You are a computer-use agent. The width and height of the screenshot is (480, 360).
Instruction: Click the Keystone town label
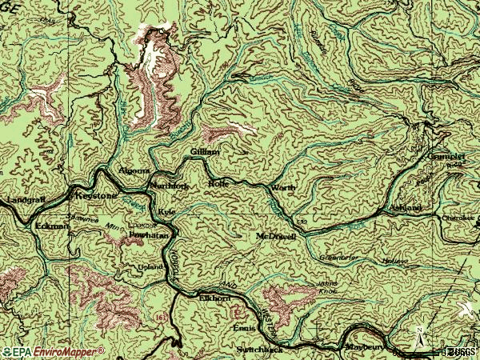pyautogui.click(x=95, y=194)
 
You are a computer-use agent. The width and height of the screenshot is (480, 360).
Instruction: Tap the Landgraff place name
pyautogui.click(x=22, y=198)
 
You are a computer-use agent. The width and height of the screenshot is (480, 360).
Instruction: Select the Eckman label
pyautogui.click(x=52, y=226)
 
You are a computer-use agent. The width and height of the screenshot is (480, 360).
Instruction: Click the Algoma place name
pyautogui.click(x=134, y=171)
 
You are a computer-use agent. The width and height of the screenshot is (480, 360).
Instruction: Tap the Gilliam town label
pyautogui.click(x=205, y=151)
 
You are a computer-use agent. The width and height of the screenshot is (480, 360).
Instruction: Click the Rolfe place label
pyautogui.click(x=218, y=183)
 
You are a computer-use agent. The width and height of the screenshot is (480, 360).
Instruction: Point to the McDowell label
pyautogui.click(x=277, y=237)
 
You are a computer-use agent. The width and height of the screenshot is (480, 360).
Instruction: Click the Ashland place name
pyautogui.click(x=406, y=207)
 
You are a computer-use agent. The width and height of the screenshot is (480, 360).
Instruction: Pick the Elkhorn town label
pyautogui.click(x=214, y=298)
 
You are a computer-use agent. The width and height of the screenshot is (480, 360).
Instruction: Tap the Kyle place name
pyautogui.click(x=166, y=210)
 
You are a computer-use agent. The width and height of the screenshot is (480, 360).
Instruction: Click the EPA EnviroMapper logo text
pyautogui.click(x=53, y=351)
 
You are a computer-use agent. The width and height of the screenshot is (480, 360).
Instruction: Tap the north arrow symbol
pyautogui.click(x=420, y=337)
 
